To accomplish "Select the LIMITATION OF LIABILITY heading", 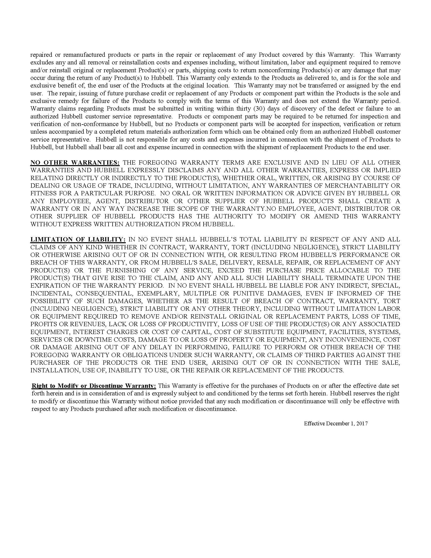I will pos(78,239).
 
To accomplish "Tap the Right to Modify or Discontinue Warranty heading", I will pos(94,386).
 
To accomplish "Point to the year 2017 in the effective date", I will pos(362,423).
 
